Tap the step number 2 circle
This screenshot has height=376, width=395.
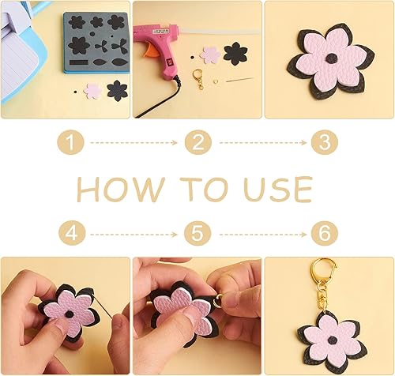(x=197, y=143)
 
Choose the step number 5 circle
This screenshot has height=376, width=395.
(x=197, y=234)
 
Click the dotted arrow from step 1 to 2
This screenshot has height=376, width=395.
(x=134, y=143)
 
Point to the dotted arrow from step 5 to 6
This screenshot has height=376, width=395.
(x=260, y=234)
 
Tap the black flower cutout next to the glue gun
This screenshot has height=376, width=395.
(x=235, y=53)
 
